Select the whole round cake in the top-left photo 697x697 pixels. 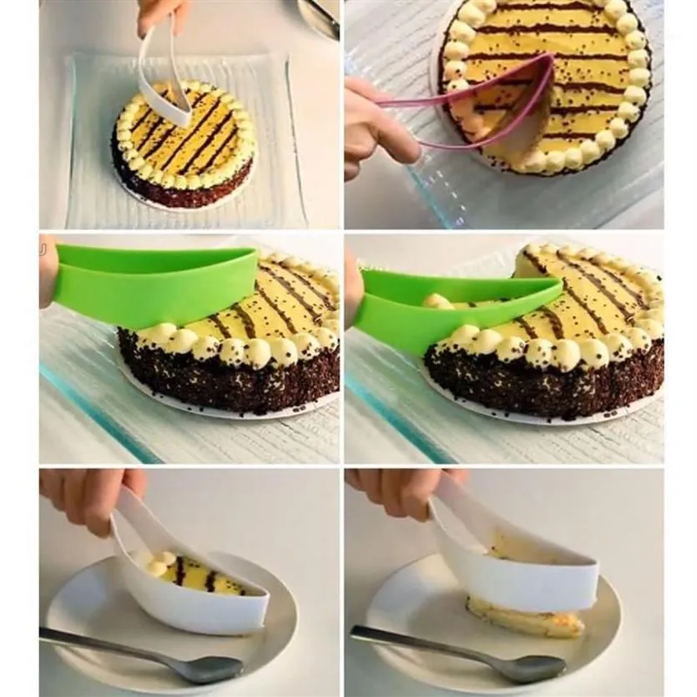[184, 146]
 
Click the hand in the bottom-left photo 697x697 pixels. [88, 492]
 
